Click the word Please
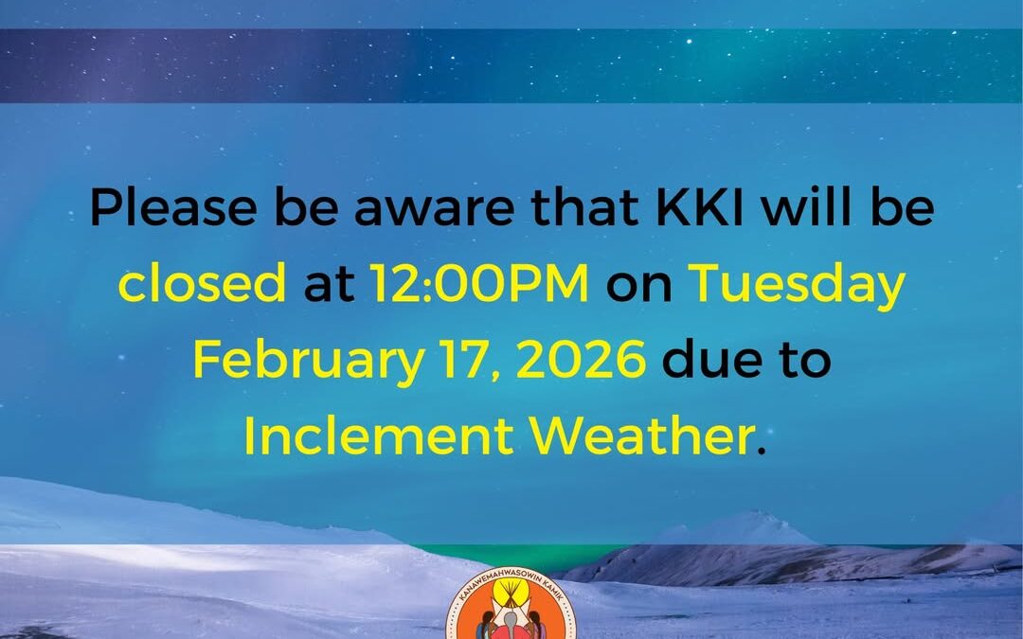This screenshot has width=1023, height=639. point(173,207)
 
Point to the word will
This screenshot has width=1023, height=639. point(807,206)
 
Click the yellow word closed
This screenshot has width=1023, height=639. point(203,282)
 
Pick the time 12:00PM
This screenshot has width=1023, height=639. point(479,284)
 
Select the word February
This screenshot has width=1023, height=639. point(309,362)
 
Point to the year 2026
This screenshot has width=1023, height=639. point(582,360)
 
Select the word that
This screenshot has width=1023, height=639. point(585,207)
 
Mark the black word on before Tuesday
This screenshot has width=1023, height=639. point(638,288)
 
